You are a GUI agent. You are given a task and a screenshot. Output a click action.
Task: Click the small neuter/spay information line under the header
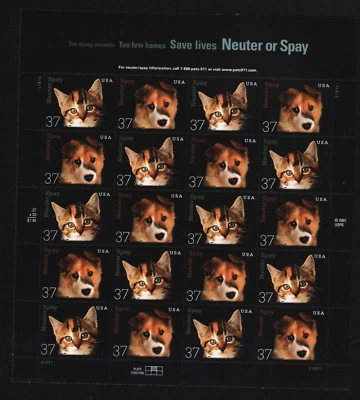coord(187,68)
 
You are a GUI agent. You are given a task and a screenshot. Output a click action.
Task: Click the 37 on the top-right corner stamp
coord(269,125)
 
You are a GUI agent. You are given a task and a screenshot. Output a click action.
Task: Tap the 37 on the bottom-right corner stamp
coord(269,351)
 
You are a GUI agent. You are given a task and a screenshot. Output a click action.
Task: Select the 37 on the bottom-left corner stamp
coord(50,351)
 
